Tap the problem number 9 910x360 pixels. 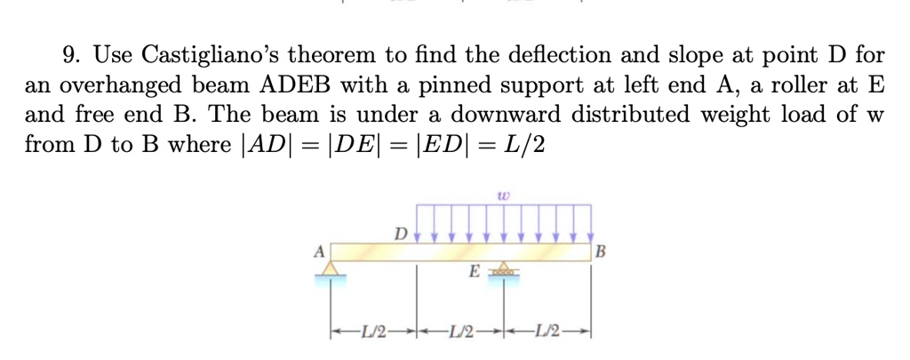pos(70,55)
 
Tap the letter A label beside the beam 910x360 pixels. pos(318,251)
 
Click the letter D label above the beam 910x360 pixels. pos(401,235)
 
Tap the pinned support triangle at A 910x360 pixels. pos(331,269)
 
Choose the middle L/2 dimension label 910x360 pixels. pos(460,332)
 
